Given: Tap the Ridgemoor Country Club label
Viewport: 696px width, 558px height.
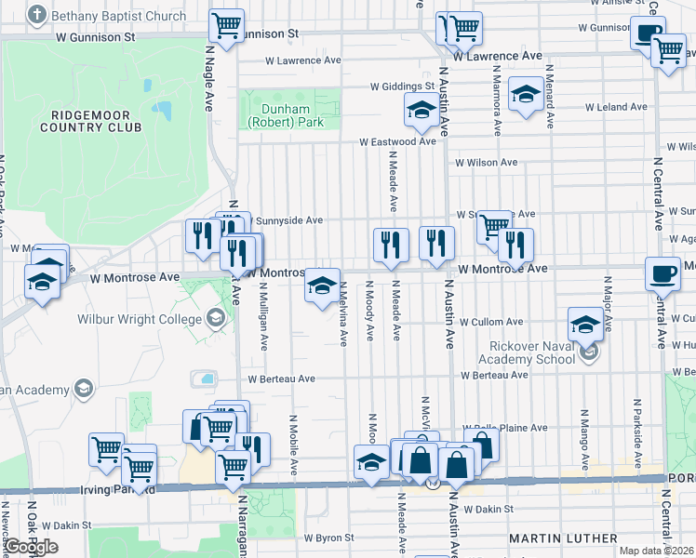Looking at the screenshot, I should tap(89, 120).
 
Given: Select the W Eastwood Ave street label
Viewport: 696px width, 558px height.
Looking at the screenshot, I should tap(398, 142).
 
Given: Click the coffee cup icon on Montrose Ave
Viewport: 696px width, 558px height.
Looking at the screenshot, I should tap(663, 272).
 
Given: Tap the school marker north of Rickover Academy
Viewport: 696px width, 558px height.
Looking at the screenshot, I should tap(585, 325).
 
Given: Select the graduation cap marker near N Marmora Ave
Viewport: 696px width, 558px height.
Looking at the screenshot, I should tap(526, 94).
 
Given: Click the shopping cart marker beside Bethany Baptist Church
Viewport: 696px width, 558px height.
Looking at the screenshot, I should tap(226, 24).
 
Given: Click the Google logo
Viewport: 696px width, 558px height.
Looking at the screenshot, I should tap(31, 548).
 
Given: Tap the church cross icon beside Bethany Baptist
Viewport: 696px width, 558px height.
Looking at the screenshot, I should tap(37, 15).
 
